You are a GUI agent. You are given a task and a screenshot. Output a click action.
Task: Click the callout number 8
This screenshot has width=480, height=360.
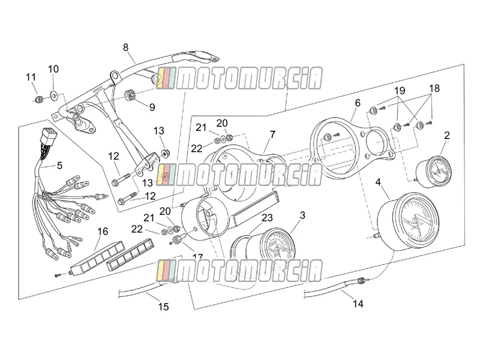(x=126, y=48)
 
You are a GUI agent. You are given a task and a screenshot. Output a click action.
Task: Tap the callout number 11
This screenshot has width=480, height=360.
(x=31, y=77)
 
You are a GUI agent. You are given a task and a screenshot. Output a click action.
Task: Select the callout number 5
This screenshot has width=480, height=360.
(x=59, y=166)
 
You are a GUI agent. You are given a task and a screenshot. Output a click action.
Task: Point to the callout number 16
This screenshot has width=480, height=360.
(x=103, y=232)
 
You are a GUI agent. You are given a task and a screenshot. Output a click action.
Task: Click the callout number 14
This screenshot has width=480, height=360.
(x=358, y=304)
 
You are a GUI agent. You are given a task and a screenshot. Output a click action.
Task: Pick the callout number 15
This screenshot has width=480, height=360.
(x=163, y=307)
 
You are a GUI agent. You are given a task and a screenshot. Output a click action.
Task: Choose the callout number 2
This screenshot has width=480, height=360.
(x=447, y=136)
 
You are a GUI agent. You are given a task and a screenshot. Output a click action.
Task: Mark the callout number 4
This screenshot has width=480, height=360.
(x=378, y=182)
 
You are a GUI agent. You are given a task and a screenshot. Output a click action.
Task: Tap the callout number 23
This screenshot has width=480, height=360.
(x=267, y=218)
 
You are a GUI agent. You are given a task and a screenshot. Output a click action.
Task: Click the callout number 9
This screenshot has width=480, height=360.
(x=152, y=107)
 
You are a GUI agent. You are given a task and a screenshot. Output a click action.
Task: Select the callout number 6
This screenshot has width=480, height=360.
(x=358, y=103)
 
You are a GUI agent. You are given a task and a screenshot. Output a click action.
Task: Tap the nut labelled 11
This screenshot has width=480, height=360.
(x=39, y=99)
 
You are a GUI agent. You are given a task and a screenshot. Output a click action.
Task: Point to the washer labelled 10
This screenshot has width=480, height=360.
(x=54, y=96)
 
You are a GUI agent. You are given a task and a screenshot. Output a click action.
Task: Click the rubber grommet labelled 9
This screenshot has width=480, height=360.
(x=130, y=94)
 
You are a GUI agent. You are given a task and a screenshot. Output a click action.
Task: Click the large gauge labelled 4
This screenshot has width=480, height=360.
(x=409, y=220)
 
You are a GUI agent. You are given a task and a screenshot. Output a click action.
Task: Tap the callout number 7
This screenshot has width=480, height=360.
(x=272, y=134)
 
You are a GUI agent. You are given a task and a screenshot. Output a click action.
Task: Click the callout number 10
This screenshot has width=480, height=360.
(x=53, y=69)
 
